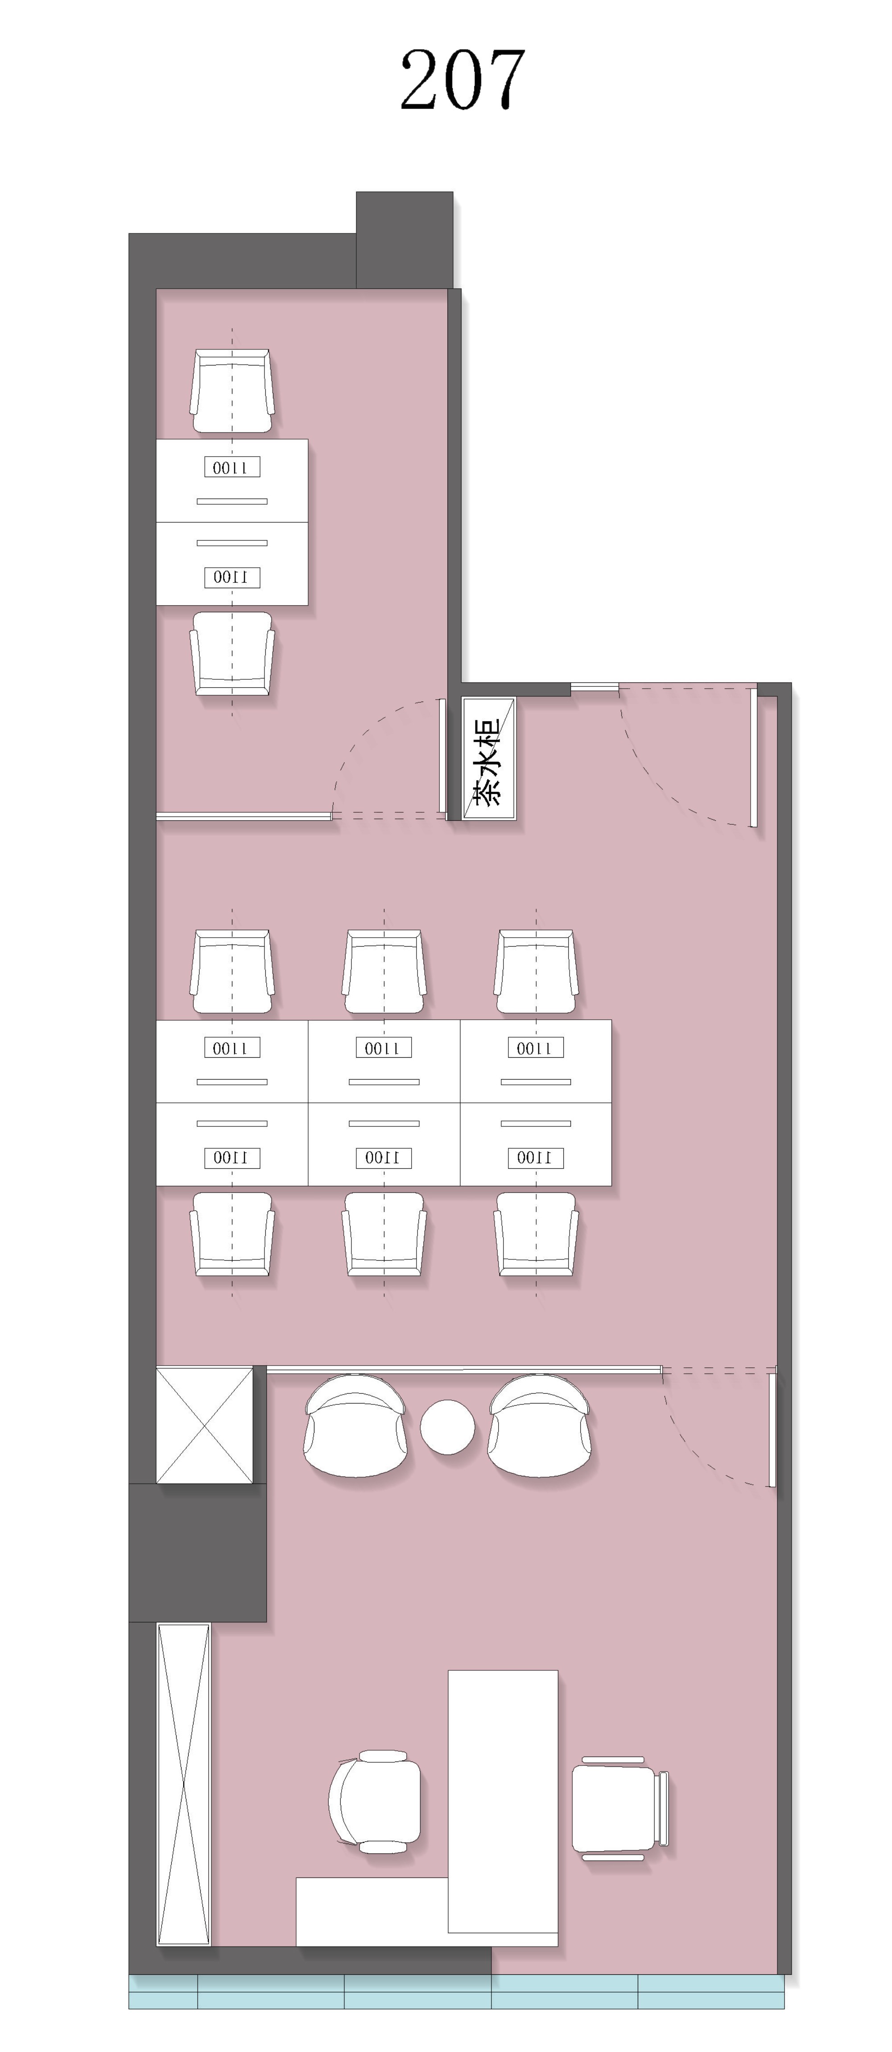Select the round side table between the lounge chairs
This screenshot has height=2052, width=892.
click(448, 1427)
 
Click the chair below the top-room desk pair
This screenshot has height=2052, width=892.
click(232, 653)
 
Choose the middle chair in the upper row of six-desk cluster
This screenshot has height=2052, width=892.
click(384, 972)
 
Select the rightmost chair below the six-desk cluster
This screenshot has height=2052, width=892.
click(536, 1234)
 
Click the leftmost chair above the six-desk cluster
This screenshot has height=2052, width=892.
click(232, 972)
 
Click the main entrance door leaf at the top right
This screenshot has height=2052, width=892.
click(753, 757)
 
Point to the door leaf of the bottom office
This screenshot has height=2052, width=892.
click(772, 1430)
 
